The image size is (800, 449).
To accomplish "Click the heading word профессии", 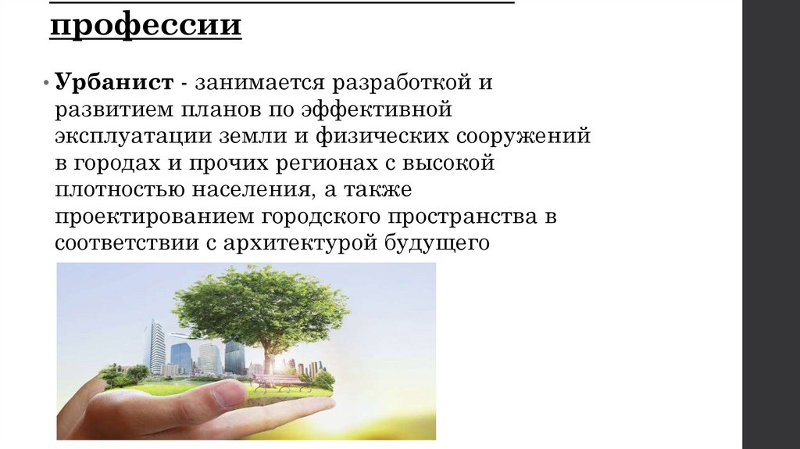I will [x=146, y=27].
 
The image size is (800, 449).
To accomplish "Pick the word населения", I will [x=249, y=190].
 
